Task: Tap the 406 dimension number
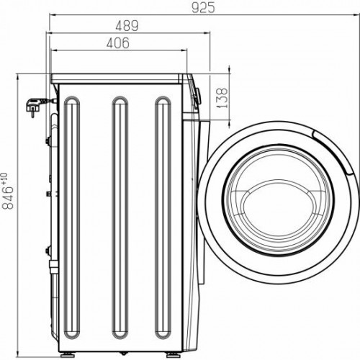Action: coord(118,43)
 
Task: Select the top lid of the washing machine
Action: coord(119,76)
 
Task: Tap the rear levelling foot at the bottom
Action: coord(66,352)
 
